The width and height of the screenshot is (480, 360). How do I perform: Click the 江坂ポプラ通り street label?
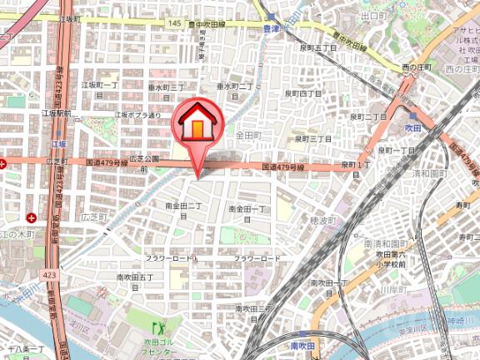pos(138,115)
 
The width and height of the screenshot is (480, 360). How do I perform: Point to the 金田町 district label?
pos(248,134)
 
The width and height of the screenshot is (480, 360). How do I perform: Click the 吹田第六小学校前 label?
pos(389,258)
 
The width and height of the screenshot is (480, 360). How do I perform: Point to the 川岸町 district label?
pos(390,292)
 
